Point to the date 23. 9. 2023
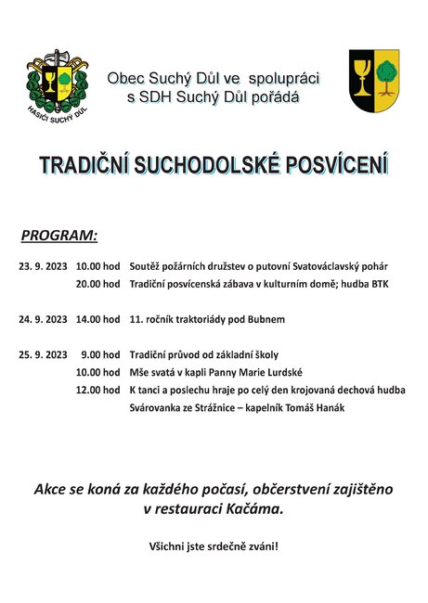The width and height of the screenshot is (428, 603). point(43,266)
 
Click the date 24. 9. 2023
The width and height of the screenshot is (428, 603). point(43,319)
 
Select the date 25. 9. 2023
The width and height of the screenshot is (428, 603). point(43,354)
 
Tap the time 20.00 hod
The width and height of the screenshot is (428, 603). point(98,284)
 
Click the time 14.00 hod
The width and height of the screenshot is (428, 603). point(98,319)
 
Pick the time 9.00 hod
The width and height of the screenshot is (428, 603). point(101,354)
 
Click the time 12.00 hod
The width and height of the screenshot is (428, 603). point(98,390)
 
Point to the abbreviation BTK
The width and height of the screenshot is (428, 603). point(380,284)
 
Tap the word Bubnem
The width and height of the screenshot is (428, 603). point(266,319)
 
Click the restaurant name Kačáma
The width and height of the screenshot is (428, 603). point(255,510)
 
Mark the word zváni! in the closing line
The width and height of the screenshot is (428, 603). point(261,545)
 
